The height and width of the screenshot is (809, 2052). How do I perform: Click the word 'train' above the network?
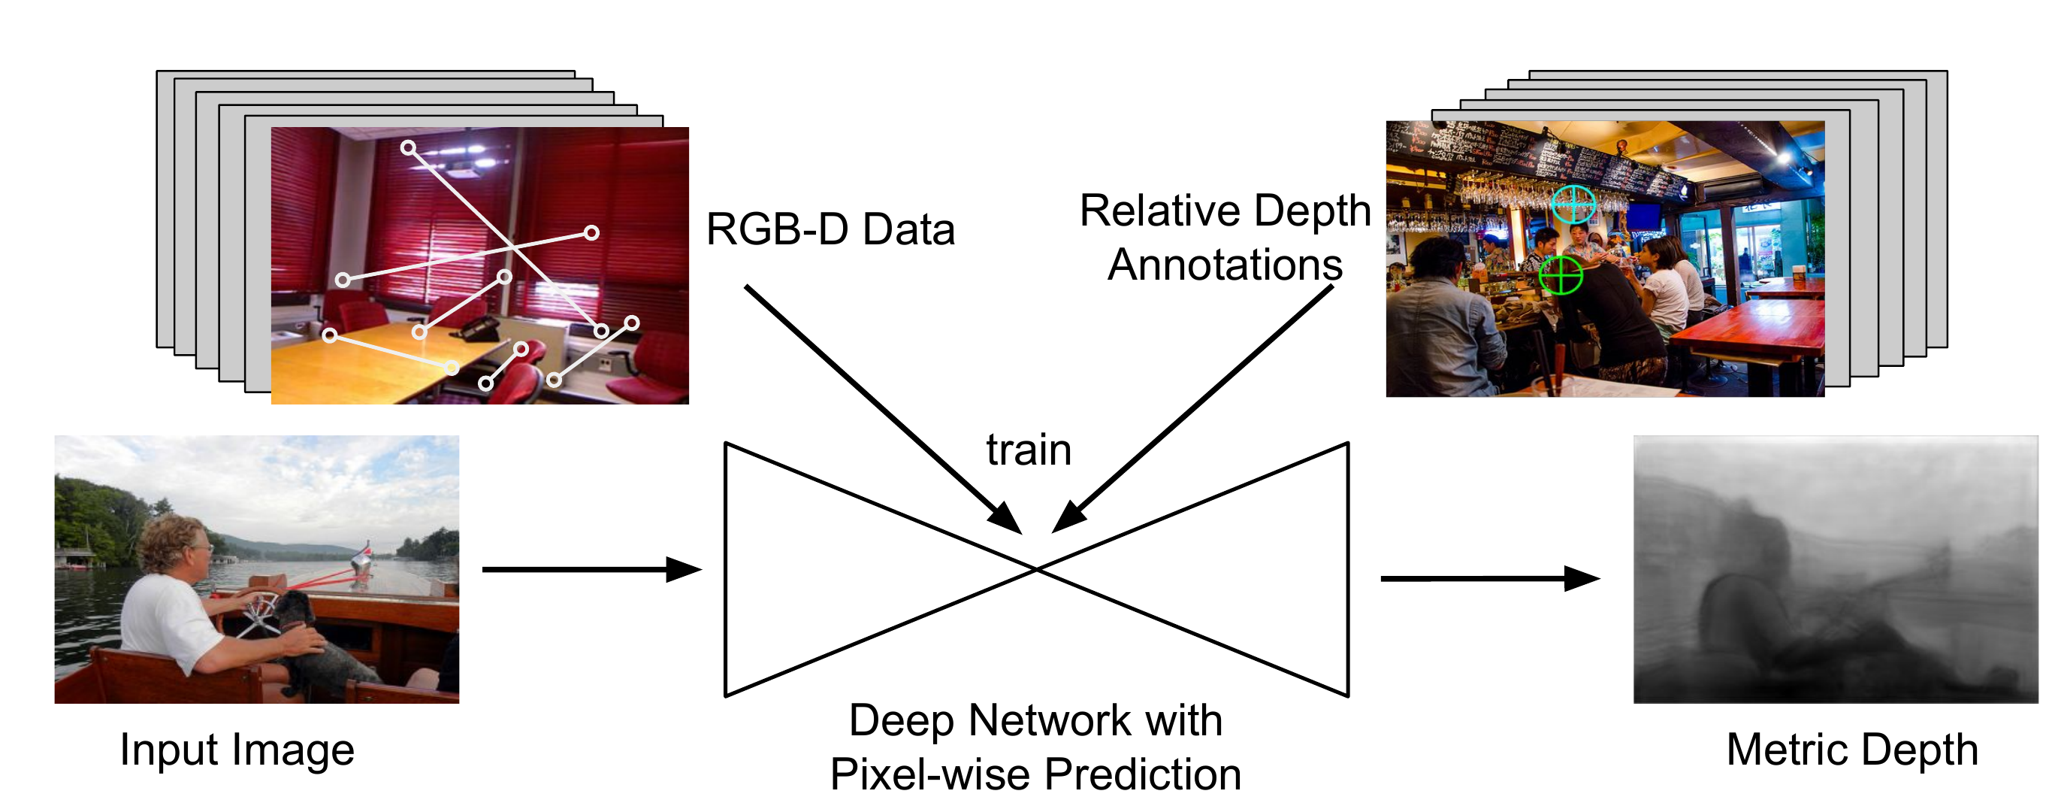click(1029, 450)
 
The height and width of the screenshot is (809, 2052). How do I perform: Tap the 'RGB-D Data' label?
click(830, 229)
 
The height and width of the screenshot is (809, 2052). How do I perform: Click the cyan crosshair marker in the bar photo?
click(1573, 204)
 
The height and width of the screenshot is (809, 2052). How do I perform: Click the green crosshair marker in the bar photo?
click(1560, 275)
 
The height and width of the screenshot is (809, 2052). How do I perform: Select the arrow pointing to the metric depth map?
click(1490, 578)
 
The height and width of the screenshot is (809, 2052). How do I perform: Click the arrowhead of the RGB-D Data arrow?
click(1005, 518)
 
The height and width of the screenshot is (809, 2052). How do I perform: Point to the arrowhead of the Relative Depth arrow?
click(1068, 518)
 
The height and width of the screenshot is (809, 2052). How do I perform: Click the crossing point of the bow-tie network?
click(1036, 569)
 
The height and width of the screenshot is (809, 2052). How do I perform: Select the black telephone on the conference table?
click(479, 329)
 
